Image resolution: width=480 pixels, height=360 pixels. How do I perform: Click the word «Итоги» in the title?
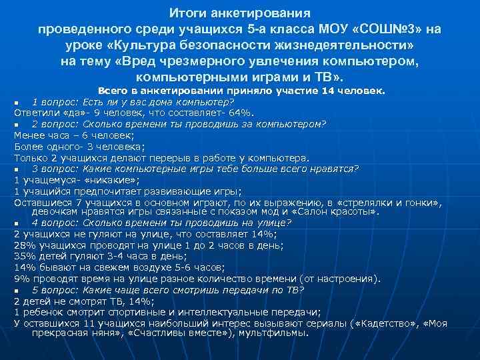click(184, 14)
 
